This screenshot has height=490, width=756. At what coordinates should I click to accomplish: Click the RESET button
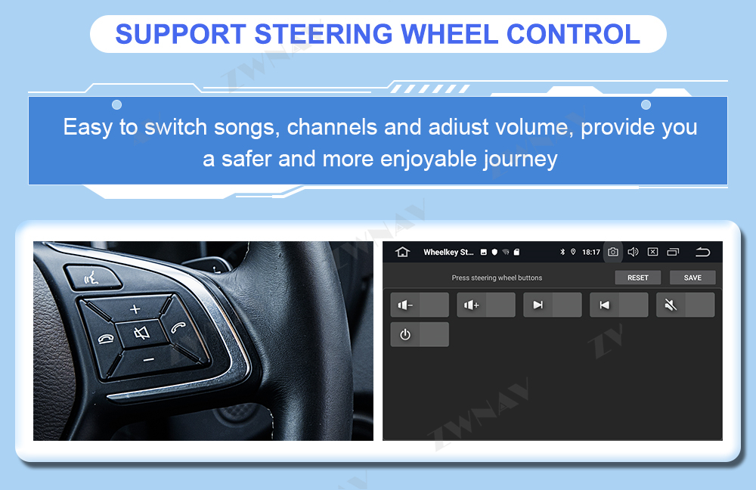click(x=637, y=278)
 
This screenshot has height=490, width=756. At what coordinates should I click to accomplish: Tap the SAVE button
click(x=692, y=278)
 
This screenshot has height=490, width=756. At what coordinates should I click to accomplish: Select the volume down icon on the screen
click(x=405, y=305)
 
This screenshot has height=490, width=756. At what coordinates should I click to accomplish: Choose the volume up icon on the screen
click(x=471, y=305)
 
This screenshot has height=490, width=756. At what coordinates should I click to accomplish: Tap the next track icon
click(x=538, y=305)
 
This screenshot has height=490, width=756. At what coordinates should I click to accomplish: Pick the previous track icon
click(x=604, y=305)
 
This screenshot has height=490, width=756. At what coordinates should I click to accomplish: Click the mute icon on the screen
click(x=671, y=305)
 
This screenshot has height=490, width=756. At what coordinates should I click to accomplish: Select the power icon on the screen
click(x=405, y=334)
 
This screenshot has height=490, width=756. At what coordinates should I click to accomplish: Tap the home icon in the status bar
click(x=402, y=252)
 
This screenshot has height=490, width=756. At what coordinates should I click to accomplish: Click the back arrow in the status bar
click(x=702, y=252)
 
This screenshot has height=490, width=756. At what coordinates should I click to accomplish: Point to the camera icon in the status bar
click(x=613, y=252)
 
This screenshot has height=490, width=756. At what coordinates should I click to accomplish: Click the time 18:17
click(x=591, y=253)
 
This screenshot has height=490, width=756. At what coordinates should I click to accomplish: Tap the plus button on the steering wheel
click(x=135, y=309)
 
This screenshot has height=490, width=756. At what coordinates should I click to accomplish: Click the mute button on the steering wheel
click(x=142, y=333)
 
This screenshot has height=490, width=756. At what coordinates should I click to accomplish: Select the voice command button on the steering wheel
click(x=91, y=278)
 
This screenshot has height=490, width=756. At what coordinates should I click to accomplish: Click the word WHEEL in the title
click(x=449, y=34)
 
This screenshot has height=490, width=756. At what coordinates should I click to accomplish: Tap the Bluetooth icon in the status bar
click(x=562, y=252)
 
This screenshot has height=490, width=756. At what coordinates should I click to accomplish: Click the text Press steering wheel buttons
click(x=497, y=278)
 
